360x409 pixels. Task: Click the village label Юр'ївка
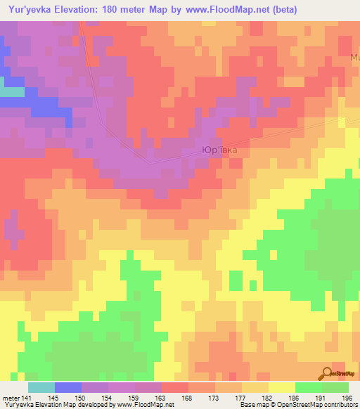224,150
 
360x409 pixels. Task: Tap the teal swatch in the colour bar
41,387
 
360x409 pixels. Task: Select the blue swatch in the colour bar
68,387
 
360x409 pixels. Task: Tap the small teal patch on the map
11,91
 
